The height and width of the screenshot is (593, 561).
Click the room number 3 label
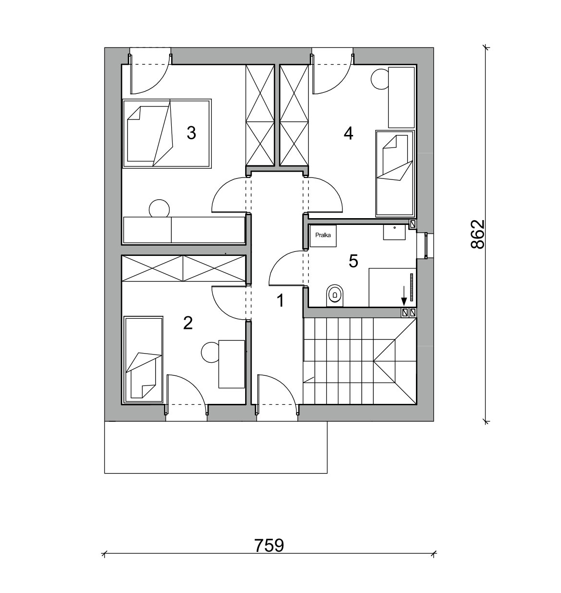191,133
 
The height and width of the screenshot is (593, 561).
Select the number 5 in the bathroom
353,261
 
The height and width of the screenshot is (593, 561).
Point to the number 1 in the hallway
280,301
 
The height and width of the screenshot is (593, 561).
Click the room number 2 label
188,324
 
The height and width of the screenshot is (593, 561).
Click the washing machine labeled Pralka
323,236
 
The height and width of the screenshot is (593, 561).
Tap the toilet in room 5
335,296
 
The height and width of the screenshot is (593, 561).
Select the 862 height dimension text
477,235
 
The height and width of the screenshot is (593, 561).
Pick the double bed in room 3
167,133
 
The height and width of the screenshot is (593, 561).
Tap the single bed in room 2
144,359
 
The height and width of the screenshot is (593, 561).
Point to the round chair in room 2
211,352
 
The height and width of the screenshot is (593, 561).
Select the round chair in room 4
380,79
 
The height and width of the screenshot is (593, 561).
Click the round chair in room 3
159,208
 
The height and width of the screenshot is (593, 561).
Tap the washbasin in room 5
394,232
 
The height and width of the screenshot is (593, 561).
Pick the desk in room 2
231,364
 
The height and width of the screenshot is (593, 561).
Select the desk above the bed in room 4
401,97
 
